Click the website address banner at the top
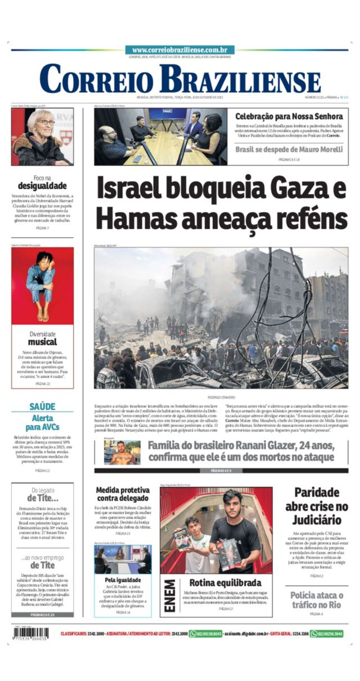coord(180,50)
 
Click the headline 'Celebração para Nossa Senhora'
coord(289,116)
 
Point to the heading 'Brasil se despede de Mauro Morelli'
coord(289,149)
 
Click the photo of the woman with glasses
coord(42,137)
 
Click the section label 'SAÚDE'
coord(42,407)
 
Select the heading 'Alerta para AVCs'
coord(42,423)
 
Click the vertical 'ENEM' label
coord(169,595)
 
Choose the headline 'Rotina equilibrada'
coord(225,583)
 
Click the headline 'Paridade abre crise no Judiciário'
coord(316,506)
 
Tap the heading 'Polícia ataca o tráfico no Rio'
coord(316,600)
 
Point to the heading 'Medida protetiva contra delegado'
coord(122,494)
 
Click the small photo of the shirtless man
coord(122,452)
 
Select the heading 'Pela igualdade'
coord(123,580)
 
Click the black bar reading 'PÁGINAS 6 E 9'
coord(221,471)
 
